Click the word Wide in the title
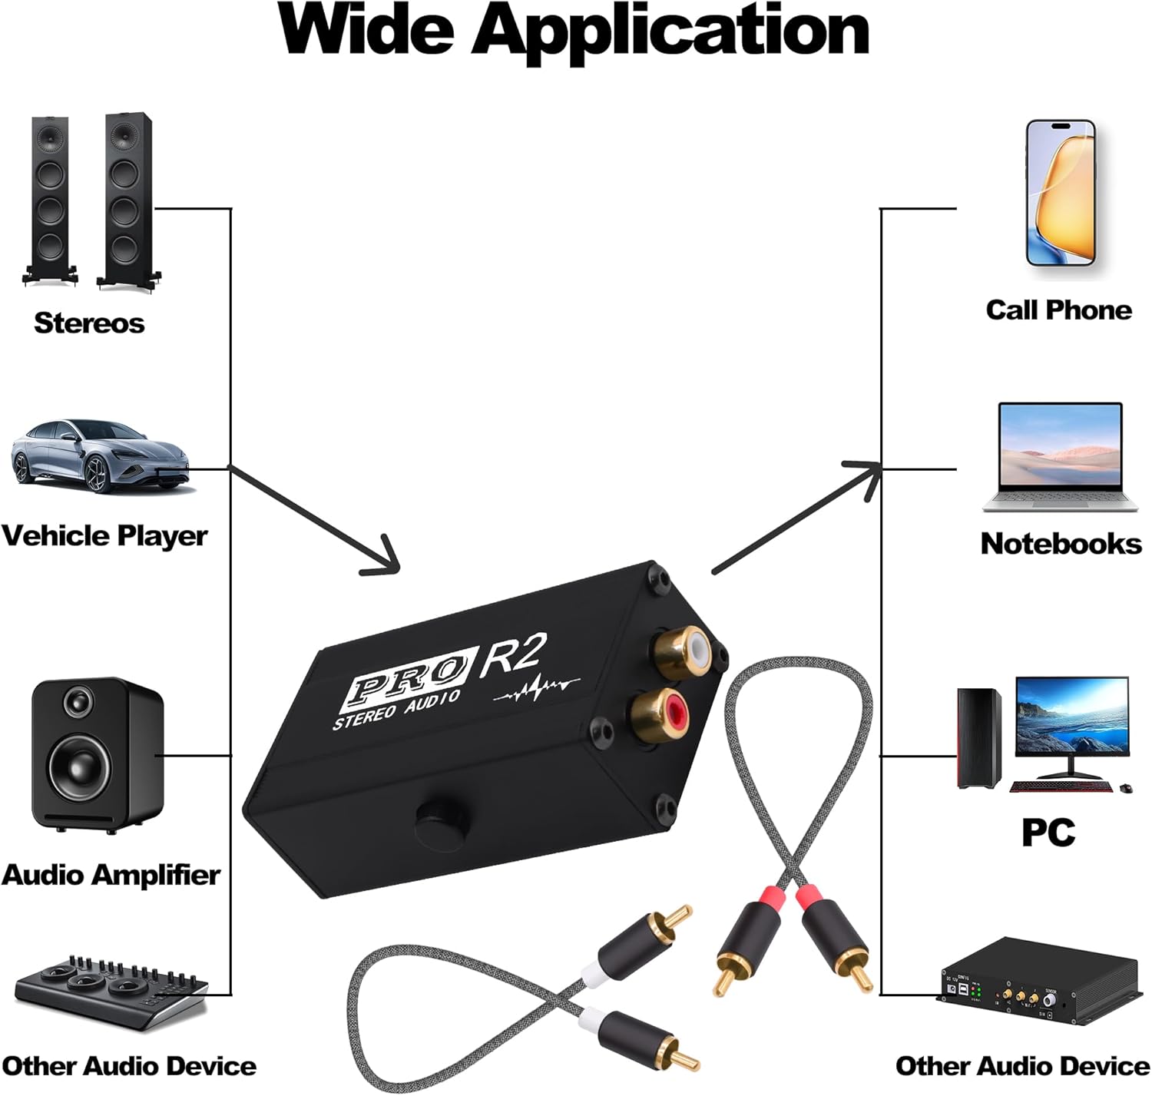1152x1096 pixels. pos(367,31)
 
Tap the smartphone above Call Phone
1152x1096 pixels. pos(1061,193)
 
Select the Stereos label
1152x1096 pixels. pos(89,323)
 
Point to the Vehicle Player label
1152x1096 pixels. pos(104,536)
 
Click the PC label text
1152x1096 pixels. pos(1048,833)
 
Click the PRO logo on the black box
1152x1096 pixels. pos(405,681)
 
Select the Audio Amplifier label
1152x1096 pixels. pos(111,875)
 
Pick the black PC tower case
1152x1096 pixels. pos(979,738)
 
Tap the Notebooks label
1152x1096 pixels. pos(1061,544)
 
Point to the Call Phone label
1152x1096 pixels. pos(1058,310)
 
